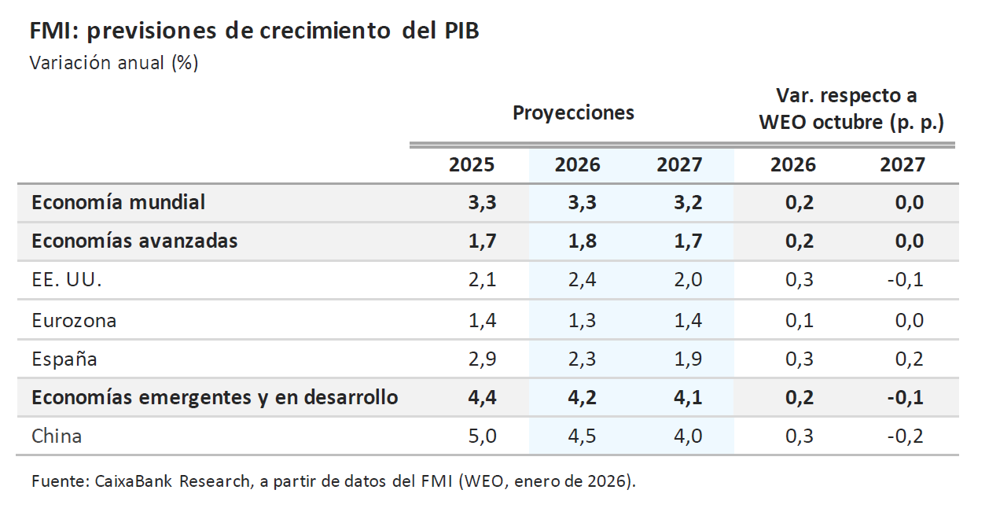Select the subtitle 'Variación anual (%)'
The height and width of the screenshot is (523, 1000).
[x=113, y=63]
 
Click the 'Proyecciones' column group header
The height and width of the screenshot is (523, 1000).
[x=573, y=112]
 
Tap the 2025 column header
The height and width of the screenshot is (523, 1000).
[x=472, y=165]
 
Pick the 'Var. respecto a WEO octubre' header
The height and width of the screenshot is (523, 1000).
[x=851, y=109]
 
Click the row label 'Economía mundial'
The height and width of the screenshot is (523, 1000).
[x=118, y=202]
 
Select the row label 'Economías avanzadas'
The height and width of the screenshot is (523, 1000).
[x=134, y=241]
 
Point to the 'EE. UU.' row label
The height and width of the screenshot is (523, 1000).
[x=67, y=280]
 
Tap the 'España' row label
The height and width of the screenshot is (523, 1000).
[x=64, y=359]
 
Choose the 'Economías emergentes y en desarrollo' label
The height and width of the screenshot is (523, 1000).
[x=215, y=397]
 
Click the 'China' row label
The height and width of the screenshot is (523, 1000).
[x=57, y=436]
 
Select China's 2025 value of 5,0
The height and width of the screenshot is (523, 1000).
[x=482, y=436]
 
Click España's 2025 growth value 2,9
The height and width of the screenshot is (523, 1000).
[x=482, y=359]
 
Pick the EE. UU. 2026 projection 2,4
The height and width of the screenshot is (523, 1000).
[x=582, y=280]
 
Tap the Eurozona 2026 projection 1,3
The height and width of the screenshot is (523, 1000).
[x=582, y=320]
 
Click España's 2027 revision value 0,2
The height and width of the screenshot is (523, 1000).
[x=909, y=359]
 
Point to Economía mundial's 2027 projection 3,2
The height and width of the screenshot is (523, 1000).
[x=688, y=202]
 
